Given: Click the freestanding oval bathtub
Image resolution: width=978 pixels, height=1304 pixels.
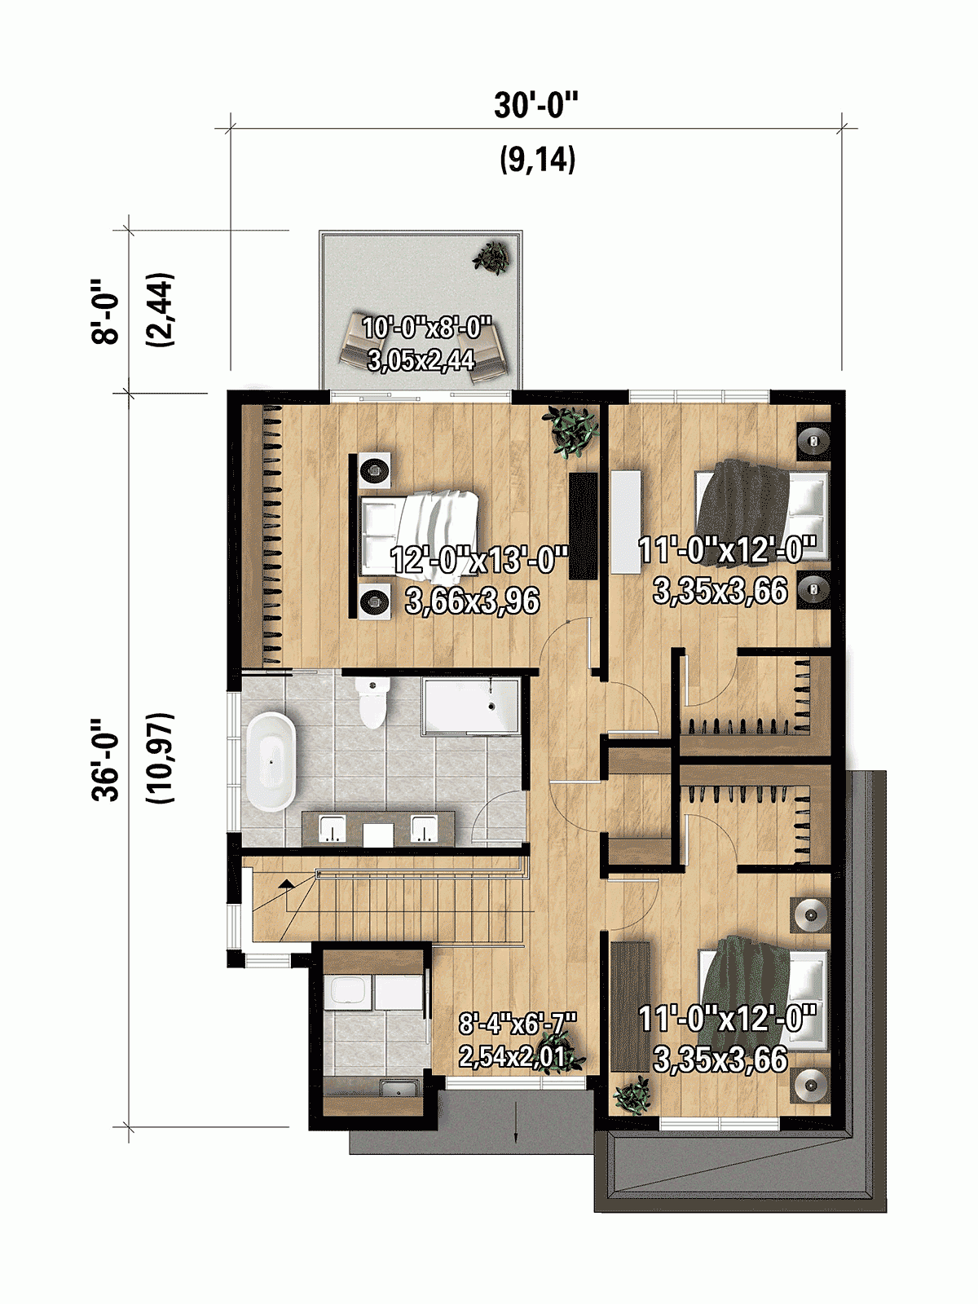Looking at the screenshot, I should pyautogui.click(x=271, y=761).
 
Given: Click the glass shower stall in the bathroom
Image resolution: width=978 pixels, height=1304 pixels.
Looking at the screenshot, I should pyautogui.click(x=470, y=705).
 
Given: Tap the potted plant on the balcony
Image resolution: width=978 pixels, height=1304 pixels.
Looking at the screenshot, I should pyautogui.click(x=492, y=258).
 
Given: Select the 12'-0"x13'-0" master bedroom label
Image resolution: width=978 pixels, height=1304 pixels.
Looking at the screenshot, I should pyautogui.click(x=479, y=560).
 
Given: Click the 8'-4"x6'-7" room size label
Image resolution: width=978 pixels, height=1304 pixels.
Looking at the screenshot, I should pyautogui.click(x=518, y=1022).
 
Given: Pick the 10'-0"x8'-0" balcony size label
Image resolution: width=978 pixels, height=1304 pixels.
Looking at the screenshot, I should pyautogui.click(x=427, y=329).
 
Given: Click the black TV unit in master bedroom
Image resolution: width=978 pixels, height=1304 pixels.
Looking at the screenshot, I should pyautogui.click(x=583, y=526).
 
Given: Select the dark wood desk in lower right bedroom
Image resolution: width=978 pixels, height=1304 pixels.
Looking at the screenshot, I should pyautogui.click(x=630, y=1006).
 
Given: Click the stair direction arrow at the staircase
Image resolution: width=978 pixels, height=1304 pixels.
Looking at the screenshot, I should pyautogui.click(x=285, y=883).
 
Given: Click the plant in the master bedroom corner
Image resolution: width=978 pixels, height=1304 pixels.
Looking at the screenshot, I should pyautogui.click(x=573, y=431).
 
